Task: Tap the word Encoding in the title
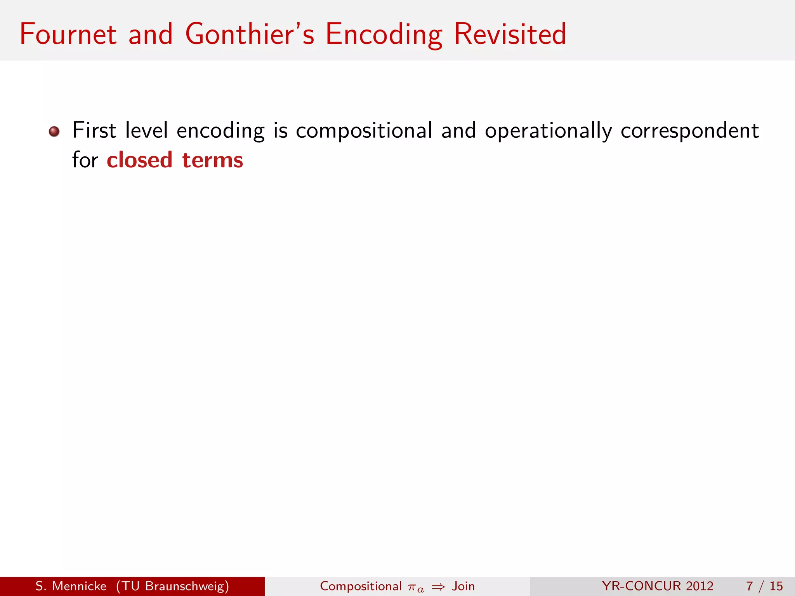384,35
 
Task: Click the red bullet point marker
54,132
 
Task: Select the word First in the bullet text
94,130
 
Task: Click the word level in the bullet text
147,130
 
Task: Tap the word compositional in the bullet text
364,131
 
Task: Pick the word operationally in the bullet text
549,131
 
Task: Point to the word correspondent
690,131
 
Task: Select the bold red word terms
213,161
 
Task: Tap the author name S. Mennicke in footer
71,586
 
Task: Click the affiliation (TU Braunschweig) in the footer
172,586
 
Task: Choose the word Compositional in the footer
361,586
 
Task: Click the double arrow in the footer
438,587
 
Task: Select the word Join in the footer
463,586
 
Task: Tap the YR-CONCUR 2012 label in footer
658,586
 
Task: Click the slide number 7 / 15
764,586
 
